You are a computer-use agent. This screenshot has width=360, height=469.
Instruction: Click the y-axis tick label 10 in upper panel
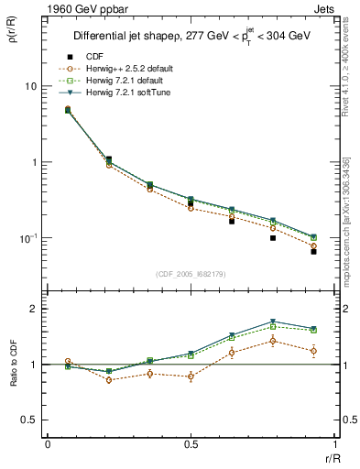coord(29,86)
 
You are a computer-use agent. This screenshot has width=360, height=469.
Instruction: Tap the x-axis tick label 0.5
coord(191,444)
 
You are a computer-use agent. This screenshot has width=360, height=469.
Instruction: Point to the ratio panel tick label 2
coord(33,309)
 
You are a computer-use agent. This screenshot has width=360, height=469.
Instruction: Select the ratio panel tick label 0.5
coord(28,420)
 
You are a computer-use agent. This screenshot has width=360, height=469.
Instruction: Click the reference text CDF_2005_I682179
coord(191,274)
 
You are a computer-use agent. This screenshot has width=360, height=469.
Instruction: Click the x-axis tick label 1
coord(334,444)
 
